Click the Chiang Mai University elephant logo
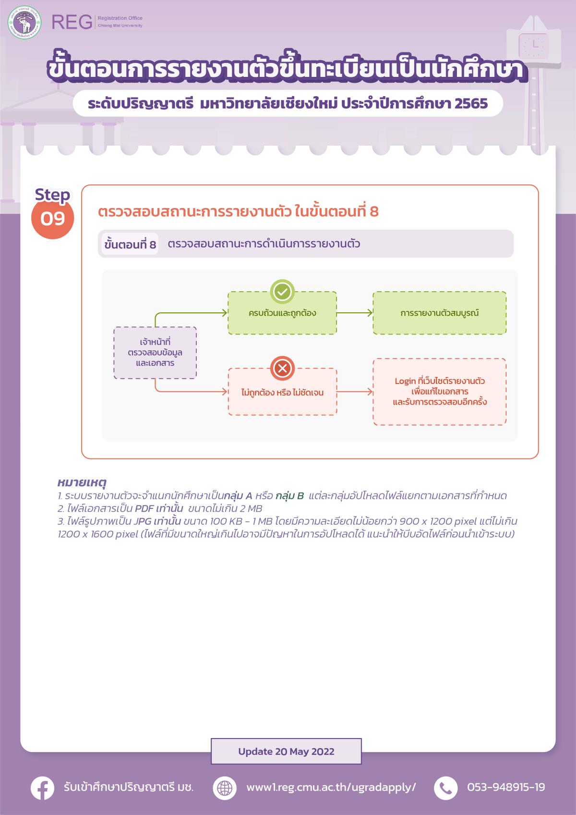(24, 22)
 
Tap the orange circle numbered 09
(52, 218)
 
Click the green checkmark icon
(282, 291)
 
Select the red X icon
(282, 369)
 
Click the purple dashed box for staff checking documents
(155, 353)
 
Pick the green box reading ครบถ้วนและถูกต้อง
(282, 313)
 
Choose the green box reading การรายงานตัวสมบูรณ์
(439, 313)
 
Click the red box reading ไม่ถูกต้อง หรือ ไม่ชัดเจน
(282, 392)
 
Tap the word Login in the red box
(405, 381)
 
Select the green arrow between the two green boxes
(355, 313)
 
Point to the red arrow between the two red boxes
(355, 392)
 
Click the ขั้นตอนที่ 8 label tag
(130, 245)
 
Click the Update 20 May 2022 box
(286, 752)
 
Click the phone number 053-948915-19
(506, 788)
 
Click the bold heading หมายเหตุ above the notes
(82, 482)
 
